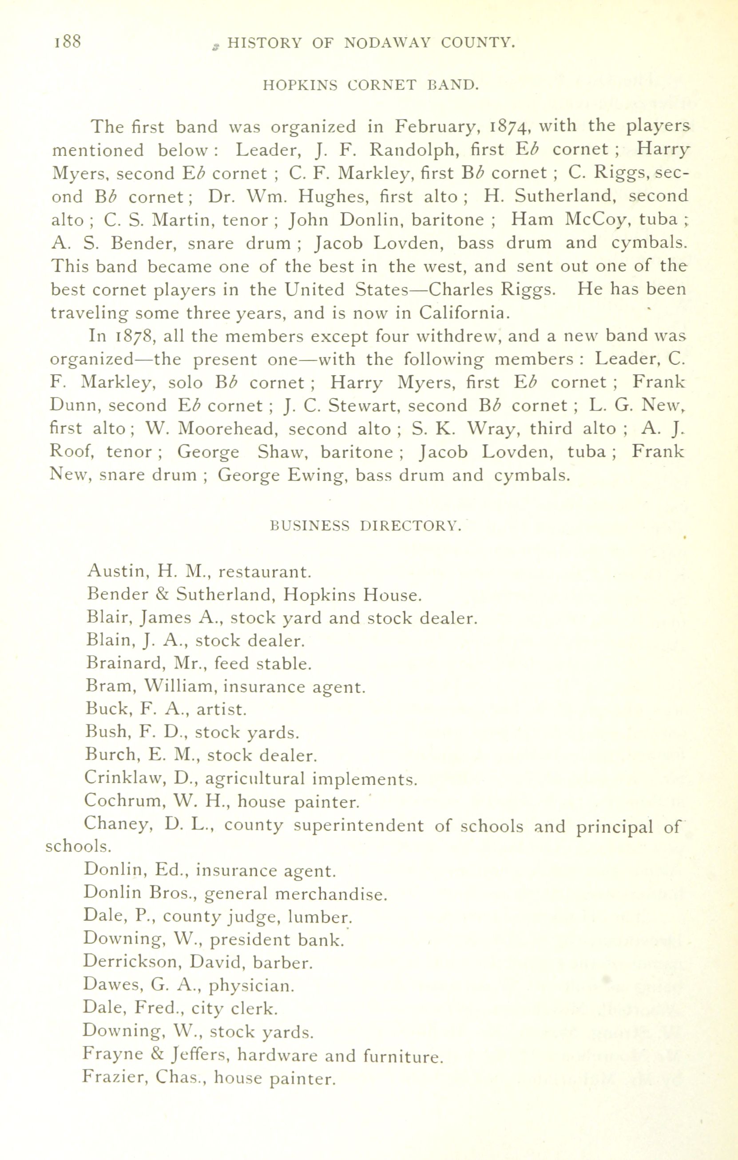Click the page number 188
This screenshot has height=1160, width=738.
(x=67, y=42)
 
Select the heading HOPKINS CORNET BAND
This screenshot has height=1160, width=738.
(x=370, y=85)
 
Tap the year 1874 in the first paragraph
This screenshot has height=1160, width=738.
(x=510, y=127)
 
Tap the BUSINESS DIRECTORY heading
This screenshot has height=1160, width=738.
(x=366, y=526)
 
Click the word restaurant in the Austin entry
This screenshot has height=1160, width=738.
(x=265, y=572)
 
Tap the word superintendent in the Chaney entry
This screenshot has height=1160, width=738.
(x=358, y=826)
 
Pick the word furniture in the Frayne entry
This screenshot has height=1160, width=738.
(x=402, y=1057)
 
